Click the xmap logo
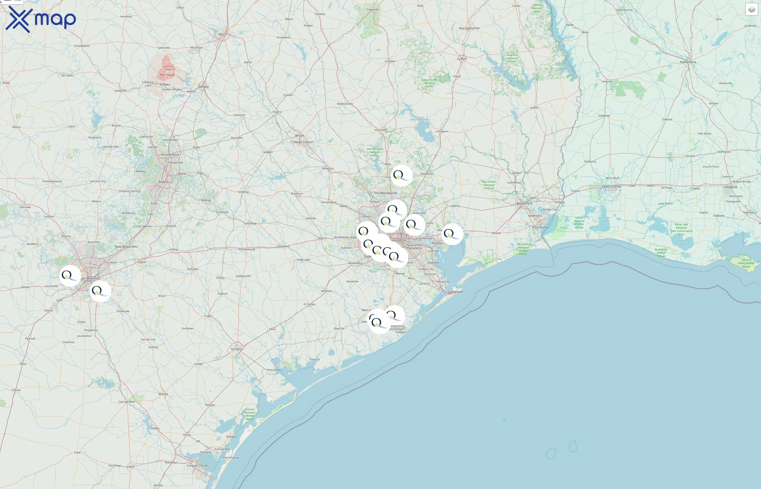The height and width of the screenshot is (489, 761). click(41, 19)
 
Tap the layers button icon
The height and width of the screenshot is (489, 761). click(751, 10)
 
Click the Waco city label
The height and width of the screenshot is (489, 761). click(223, 34)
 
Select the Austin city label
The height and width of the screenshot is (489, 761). click(164, 182)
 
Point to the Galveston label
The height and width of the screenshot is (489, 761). click(456, 292)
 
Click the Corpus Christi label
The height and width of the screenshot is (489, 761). click(197, 466)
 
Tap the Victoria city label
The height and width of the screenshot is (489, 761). click(237, 349)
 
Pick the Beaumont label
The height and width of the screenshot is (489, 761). click(524, 203)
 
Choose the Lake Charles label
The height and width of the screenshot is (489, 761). click(612, 186)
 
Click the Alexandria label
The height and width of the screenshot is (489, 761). click(688, 62)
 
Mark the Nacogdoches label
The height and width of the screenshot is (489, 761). click(469, 28)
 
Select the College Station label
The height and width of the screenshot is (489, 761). click(302, 142)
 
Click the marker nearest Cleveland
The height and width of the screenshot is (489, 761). click(402, 175)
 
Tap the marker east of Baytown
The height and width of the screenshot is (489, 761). click(452, 234)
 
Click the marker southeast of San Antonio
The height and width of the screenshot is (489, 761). click(100, 291)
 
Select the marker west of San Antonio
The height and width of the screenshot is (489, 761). click(70, 276)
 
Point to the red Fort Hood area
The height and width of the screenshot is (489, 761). click(166, 68)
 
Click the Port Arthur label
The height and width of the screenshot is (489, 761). click(541, 227)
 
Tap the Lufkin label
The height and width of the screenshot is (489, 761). click(462, 59)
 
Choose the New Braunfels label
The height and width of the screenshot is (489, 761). click(126, 246)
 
